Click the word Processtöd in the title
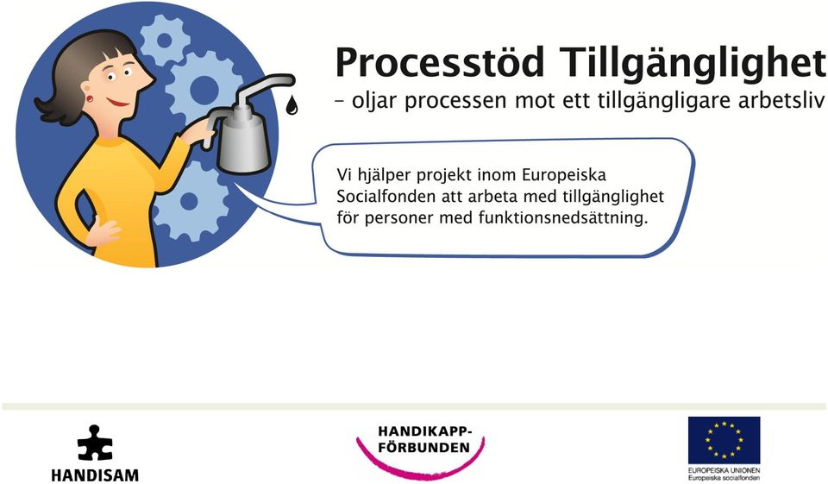pyautogui.click(x=440, y=61)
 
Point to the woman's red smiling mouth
pyautogui.click(x=117, y=102)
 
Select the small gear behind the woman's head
pyautogui.click(x=164, y=41)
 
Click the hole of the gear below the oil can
pyautogui.click(x=189, y=201)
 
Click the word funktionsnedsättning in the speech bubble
pyautogui.click(x=563, y=217)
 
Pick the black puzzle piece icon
pyautogui.click(x=95, y=443)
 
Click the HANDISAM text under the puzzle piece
pyautogui.click(x=95, y=475)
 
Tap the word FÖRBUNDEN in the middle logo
pyautogui.click(x=424, y=448)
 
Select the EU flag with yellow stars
pyautogui.click(x=724, y=440)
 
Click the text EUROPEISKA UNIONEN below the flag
pyautogui.click(x=724, y=470)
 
